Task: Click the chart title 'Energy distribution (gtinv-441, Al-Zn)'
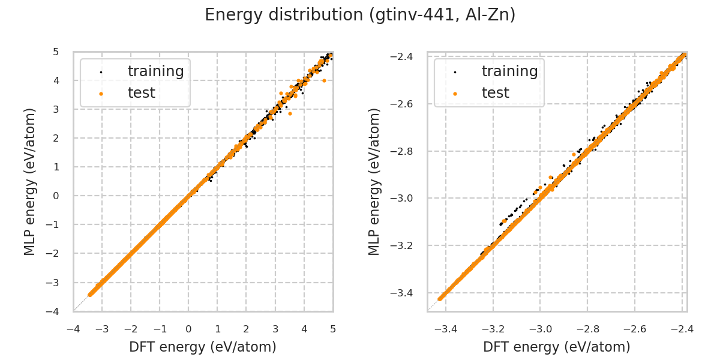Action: tap(360, 15)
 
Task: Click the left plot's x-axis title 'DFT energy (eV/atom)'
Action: tap(203, 347)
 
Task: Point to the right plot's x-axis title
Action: tap(557, 347)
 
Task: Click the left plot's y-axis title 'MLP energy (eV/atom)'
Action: tap(31, 182)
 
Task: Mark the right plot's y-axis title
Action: tap(375, 182)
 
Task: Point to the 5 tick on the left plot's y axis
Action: tap(56, 52)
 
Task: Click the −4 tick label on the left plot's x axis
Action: tap(73, 329)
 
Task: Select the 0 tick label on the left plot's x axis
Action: tap(188, 329)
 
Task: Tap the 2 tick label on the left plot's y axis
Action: tap(56, 138)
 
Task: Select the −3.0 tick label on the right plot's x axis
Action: tap(539, 329)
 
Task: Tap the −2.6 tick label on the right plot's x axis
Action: tap(634, 329)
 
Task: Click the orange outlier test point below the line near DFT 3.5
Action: tap(290, 113)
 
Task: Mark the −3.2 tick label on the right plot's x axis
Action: tap(492, 329)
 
